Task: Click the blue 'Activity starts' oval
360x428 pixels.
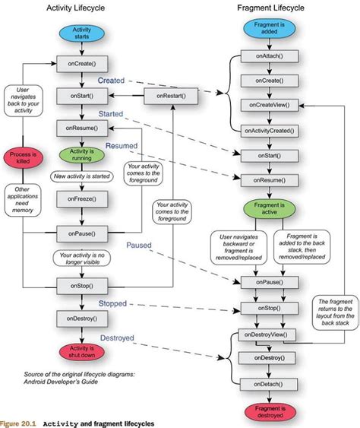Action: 81,33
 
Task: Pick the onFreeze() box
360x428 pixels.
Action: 81,201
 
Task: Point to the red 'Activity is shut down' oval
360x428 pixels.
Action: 81,352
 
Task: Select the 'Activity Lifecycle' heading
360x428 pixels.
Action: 83,8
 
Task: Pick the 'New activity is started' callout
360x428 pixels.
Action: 81,176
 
